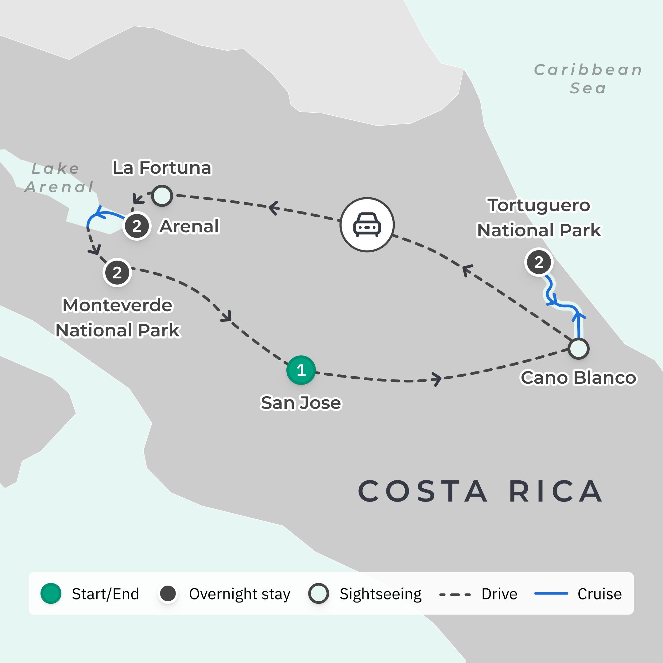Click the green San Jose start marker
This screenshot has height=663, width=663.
301,370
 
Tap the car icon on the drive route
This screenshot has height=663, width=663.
367,225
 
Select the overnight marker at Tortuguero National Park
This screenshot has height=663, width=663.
539,262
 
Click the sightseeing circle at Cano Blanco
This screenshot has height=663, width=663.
579,349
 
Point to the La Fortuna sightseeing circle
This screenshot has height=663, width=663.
162,196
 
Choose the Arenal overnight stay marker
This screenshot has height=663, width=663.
137,226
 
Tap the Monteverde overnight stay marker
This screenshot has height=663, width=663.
117,273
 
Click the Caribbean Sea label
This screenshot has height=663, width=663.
588,79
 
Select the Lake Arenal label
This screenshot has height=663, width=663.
58,177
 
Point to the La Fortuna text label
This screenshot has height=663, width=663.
162,168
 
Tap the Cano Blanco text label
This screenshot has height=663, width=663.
578,378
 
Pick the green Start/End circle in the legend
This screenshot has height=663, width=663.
51,593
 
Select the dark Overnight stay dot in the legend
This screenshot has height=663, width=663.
168,593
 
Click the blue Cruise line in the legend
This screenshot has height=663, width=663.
551,593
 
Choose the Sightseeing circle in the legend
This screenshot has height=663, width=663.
319,593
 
